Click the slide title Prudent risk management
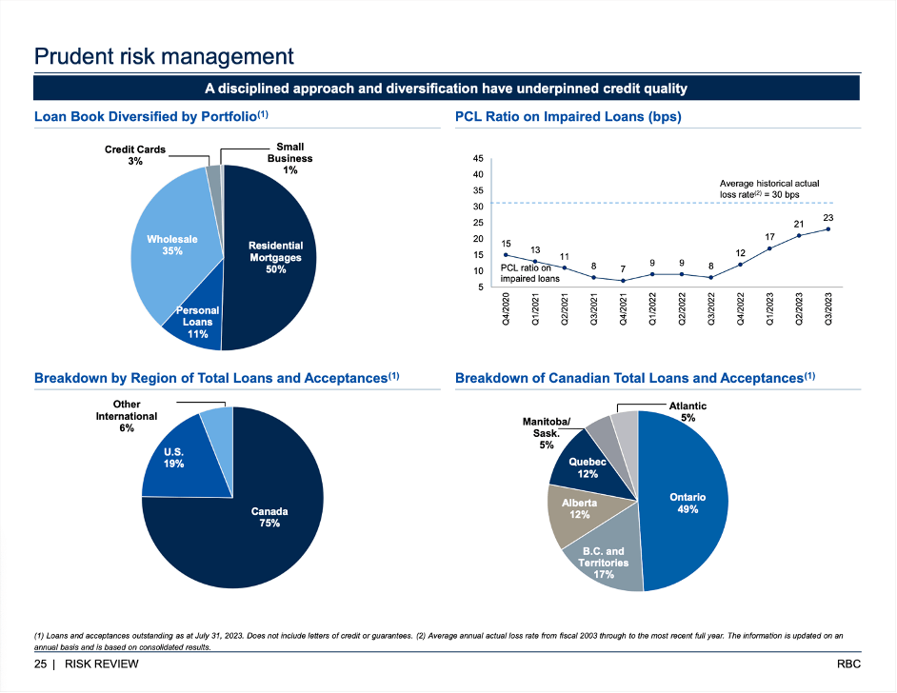164,56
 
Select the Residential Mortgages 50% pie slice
274,257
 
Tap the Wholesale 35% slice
172,246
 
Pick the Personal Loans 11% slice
197,322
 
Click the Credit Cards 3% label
135,155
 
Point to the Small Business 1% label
289,158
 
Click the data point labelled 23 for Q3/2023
828,228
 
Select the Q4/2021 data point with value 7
622,281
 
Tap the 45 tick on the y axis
478,158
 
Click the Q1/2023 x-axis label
770,310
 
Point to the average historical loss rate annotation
768,188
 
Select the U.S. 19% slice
173,458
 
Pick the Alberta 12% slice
579,508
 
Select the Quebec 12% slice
588,467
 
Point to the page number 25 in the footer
41,663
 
